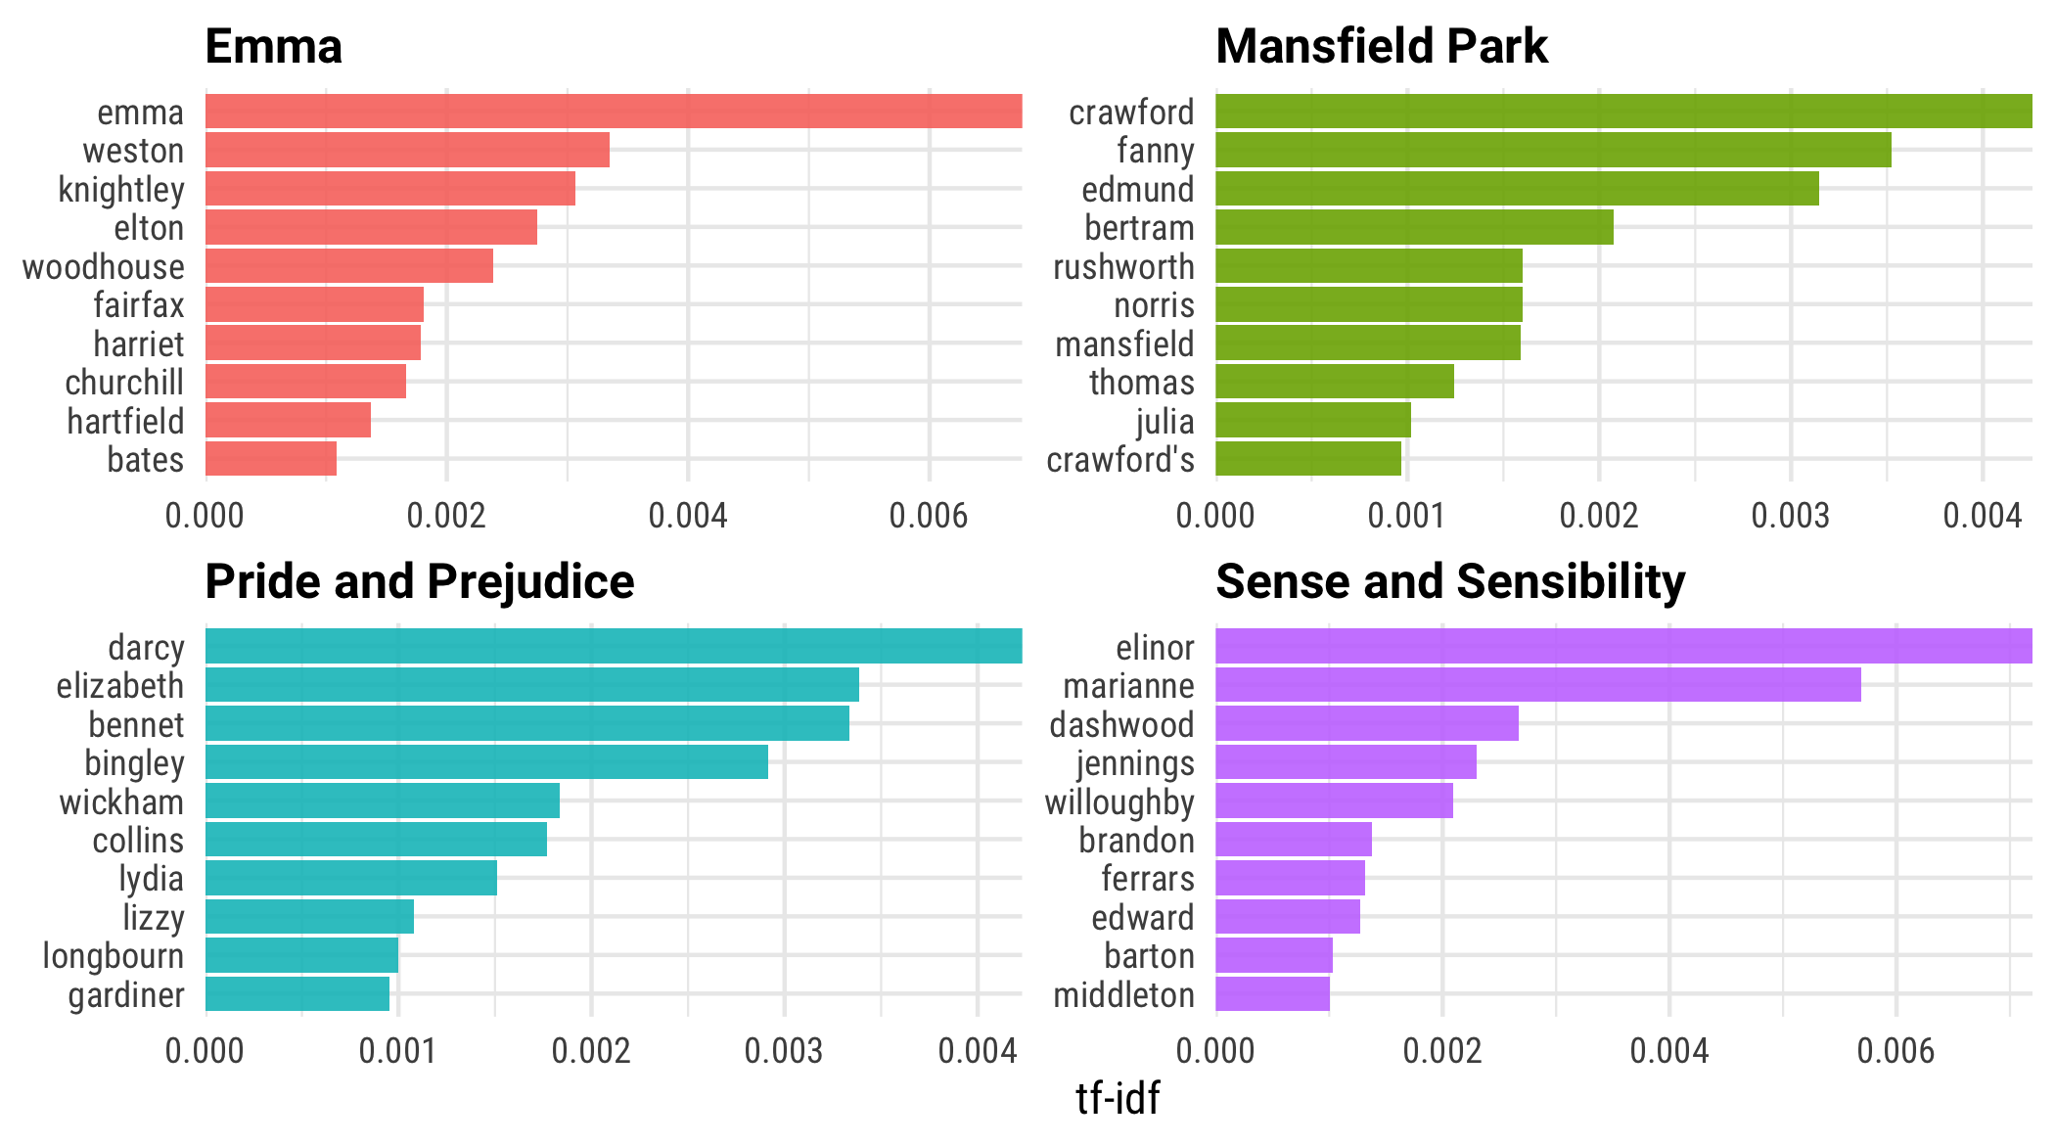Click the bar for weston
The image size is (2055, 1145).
click(407, 151)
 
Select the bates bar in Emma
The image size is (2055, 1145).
click(271, 459)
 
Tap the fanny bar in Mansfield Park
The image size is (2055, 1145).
click(1553, 151)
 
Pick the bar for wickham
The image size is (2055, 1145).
click(383, 801)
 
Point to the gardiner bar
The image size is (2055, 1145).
click(297, 994)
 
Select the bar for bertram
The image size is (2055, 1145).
click(1414, 228)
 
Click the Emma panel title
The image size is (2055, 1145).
click(274, 46)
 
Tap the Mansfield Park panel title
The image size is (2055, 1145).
click(1382, 46)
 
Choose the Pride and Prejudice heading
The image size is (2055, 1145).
click(420, 581)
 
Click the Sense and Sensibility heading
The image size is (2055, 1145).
click(1450, 581)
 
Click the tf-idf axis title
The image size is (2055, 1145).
click(1118, 1098)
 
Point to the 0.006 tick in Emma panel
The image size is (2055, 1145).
click(929, 515)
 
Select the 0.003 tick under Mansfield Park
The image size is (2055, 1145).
click(1791, 515)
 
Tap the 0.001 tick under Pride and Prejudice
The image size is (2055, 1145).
click(397, 1051)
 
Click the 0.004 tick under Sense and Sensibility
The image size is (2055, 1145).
click(1669, 1051)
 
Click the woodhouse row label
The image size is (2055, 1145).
click(104, 267)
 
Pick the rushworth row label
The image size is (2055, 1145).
click(1123, 267)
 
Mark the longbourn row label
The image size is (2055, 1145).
click(114, 956)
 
